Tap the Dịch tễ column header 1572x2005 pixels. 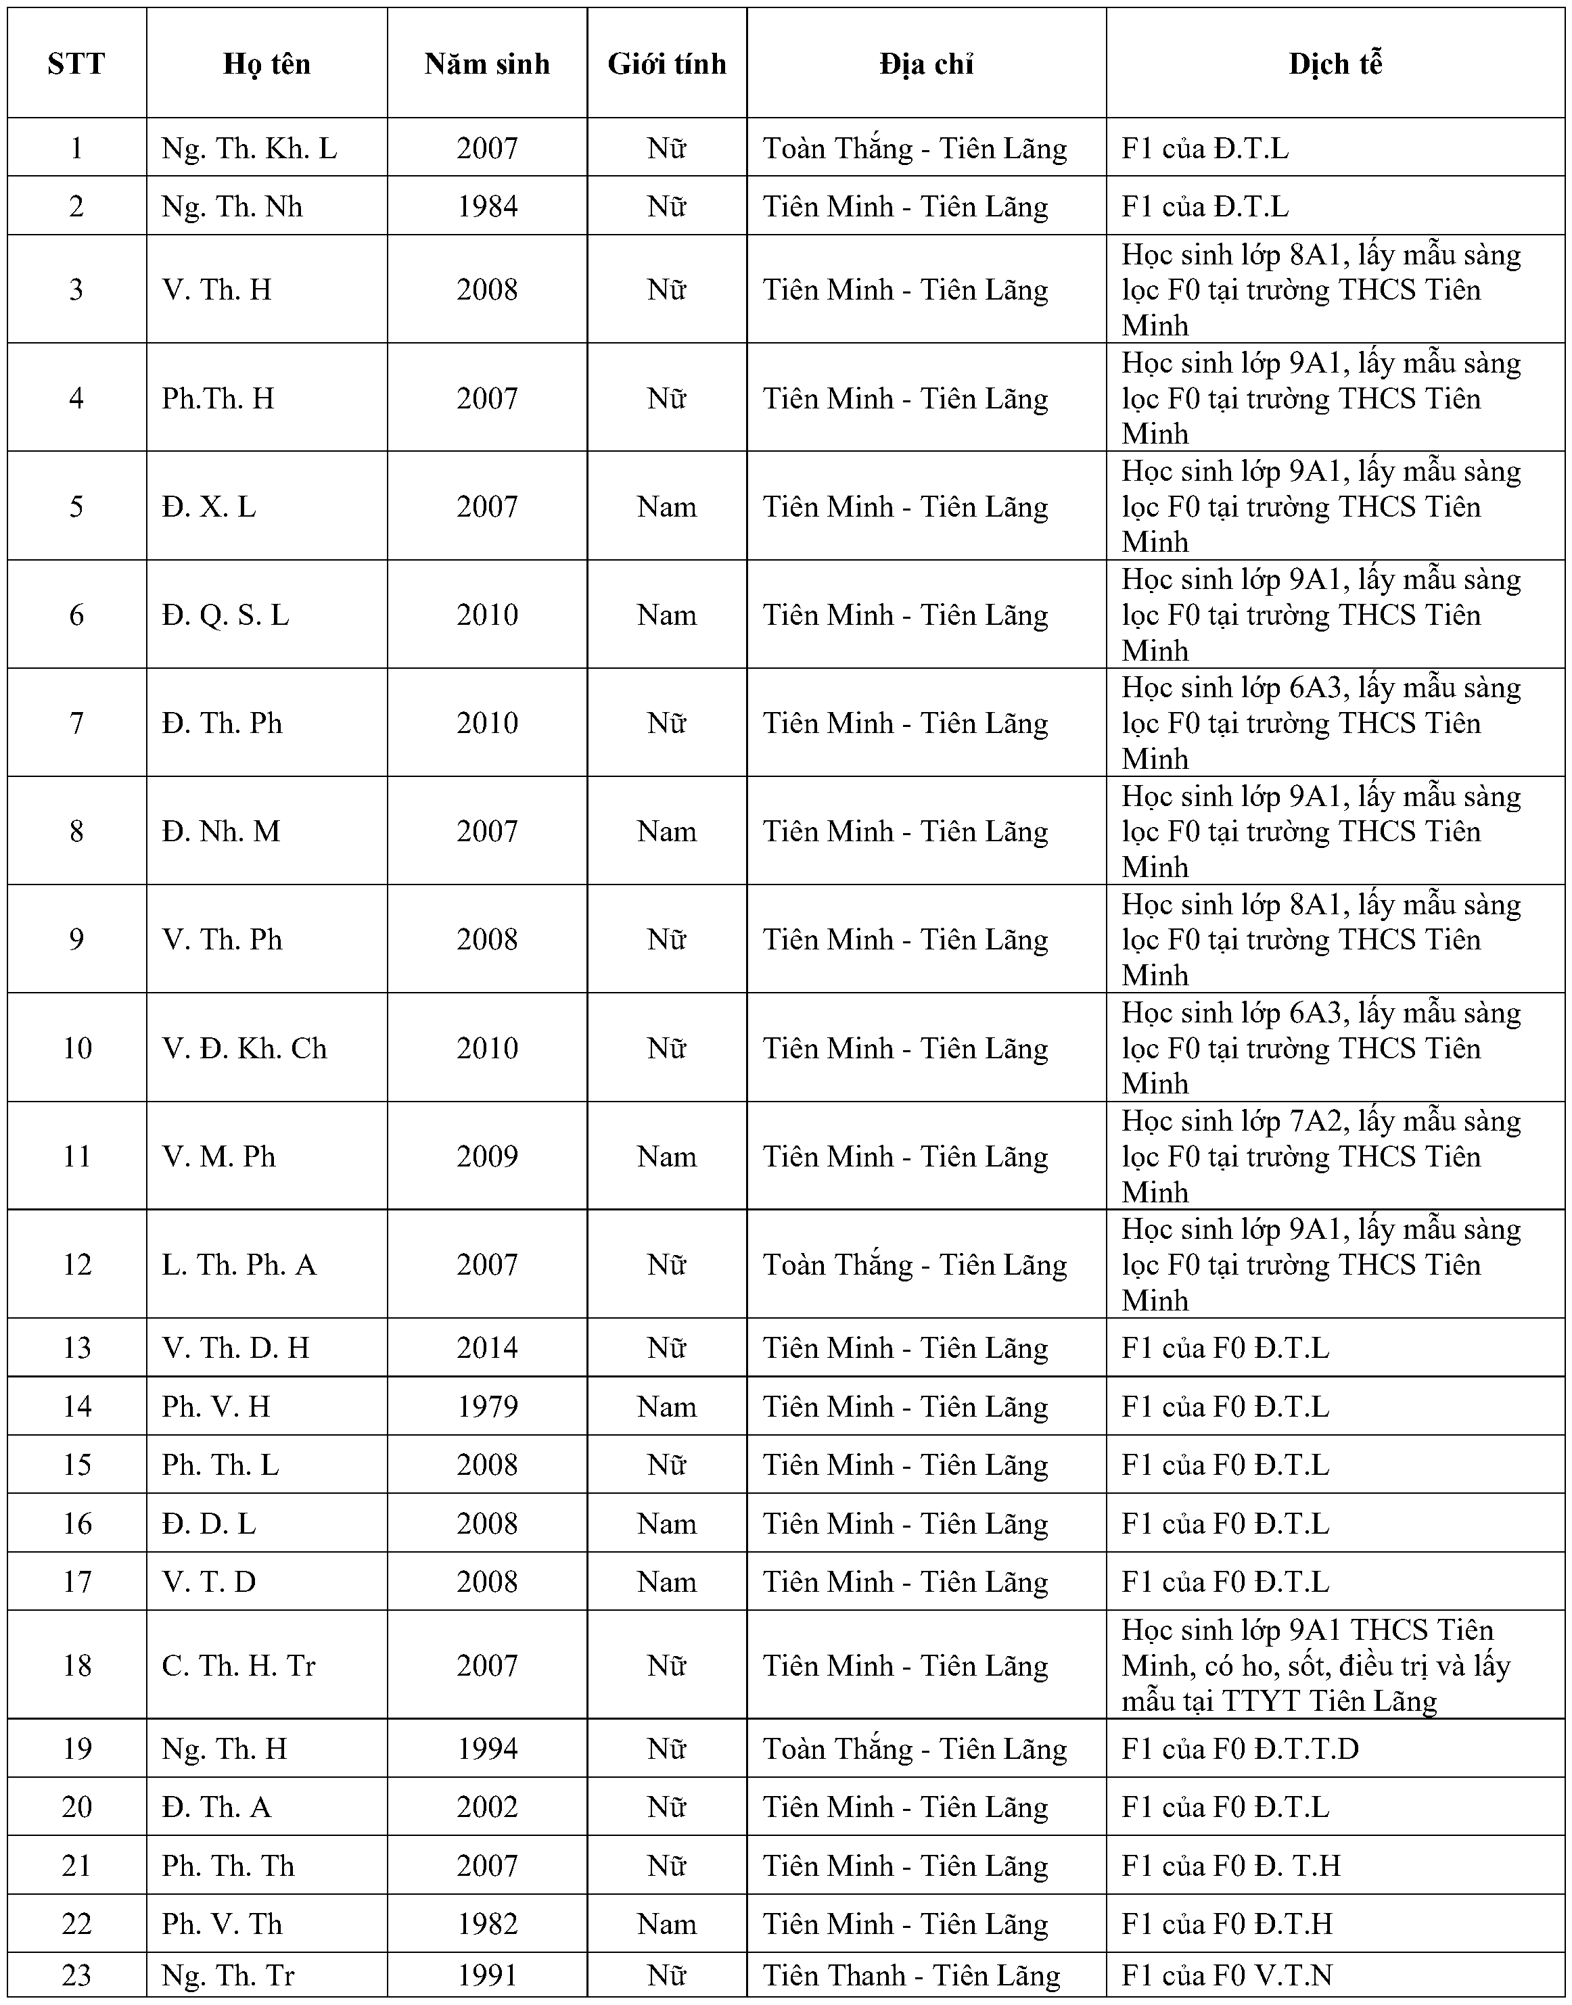tap(1335, 64)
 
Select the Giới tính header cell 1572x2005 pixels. tap(666, 64)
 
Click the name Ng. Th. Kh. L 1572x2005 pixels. tap(250, 148)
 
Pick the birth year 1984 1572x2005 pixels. tap(487, 206)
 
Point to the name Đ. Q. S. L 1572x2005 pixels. tap(225, 615)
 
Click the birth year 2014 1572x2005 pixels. tap(487, 1348)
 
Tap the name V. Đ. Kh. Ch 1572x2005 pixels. tap(245, 1048)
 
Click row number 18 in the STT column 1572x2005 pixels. tap(76, 1666)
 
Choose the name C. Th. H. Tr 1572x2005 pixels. tap(238, 1666)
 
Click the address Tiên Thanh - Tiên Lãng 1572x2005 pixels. tap(911, 1975)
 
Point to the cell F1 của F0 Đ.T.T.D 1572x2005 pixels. tap(1240, 1749)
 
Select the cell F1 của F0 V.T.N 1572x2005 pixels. tap(1227, 1975)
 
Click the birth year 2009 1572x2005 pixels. tap(487, 1156)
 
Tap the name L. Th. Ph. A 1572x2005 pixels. tap(239, 1265)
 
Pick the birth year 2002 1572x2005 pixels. tap(487, 1807)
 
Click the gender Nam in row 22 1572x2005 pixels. tap(666, 1924)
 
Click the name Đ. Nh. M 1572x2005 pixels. tap(221, 832)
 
